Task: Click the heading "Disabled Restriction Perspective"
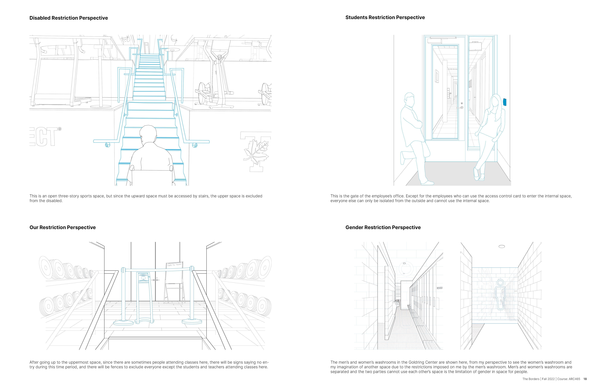click(x=69, y=18)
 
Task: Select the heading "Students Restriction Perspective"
click(x=385, y=17)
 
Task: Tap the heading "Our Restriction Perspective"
click(x=62, y=227)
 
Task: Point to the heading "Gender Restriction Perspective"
click(x=383, y=227)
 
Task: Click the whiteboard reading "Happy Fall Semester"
click(x=174, y=265)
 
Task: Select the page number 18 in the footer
click(x=585, y=379)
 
